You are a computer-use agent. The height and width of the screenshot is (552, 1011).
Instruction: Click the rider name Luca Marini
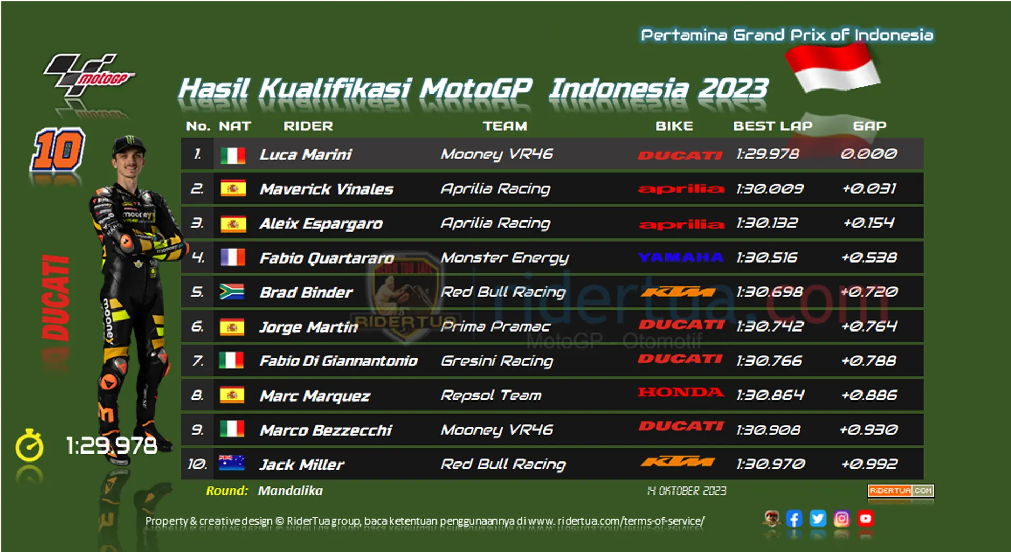point(305,155)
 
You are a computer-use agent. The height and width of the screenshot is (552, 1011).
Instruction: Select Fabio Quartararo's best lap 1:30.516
point(767,257)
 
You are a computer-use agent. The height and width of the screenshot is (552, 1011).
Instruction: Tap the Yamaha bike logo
point(680,257)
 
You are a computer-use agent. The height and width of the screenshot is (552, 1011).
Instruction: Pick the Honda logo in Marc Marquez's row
point(680,392)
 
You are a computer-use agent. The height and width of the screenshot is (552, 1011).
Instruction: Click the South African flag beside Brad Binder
point(232,292)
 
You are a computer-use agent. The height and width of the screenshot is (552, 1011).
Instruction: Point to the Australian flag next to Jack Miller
point(232,463)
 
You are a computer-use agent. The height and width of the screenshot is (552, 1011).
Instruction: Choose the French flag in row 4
point(232,257)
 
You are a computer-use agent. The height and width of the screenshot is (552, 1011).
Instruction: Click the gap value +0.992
point(869,464)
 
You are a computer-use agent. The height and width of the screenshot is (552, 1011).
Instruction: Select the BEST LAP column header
point(773,126)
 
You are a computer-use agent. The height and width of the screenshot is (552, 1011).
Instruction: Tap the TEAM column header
point(505,126)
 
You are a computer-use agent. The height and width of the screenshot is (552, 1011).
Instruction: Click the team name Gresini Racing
point(497,362)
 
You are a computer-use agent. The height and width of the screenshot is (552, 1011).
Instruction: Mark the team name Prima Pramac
point(495,327)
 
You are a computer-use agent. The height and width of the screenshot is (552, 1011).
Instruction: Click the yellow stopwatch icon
point(29,446)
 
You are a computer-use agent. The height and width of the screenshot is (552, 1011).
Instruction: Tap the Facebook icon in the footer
point(794,519)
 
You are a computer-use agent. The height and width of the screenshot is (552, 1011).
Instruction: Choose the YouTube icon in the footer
point(865,519)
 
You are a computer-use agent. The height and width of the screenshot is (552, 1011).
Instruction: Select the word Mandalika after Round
point(290,491)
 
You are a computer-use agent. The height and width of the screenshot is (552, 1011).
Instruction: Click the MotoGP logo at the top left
point(88,75)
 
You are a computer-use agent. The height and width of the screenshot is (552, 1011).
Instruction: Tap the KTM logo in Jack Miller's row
point(678,463)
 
